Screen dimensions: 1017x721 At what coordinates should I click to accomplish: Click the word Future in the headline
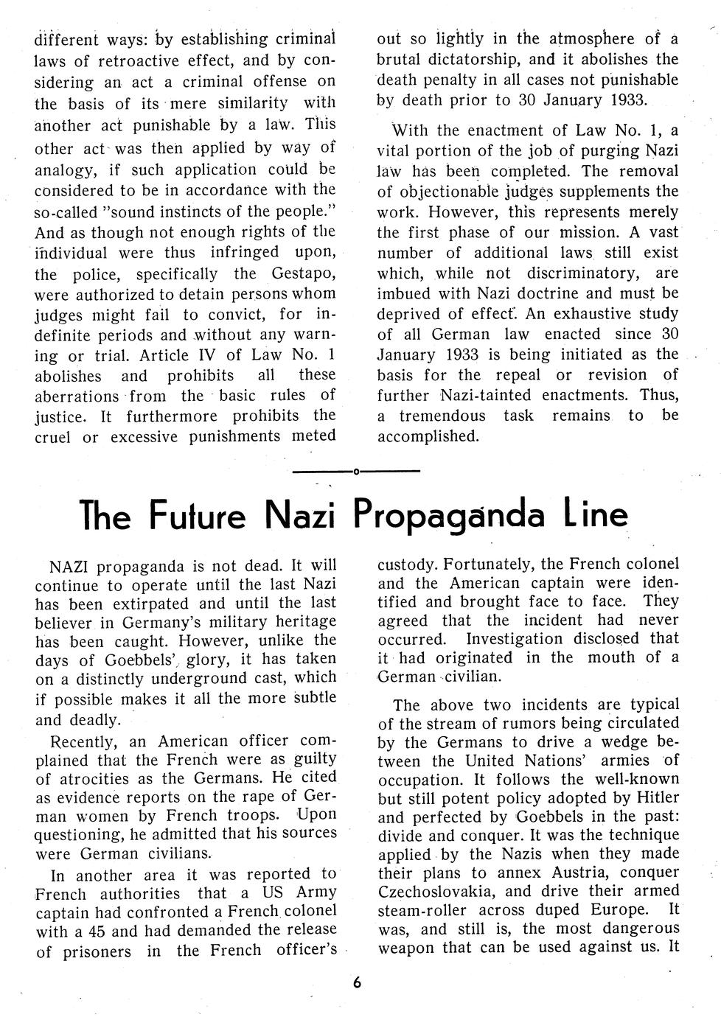(x=198, y=516)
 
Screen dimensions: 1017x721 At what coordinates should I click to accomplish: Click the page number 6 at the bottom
(x=358, y=982)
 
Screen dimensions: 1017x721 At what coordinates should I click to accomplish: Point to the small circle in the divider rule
(x=356, y=470)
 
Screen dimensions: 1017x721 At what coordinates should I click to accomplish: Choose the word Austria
(x=567, y=873)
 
